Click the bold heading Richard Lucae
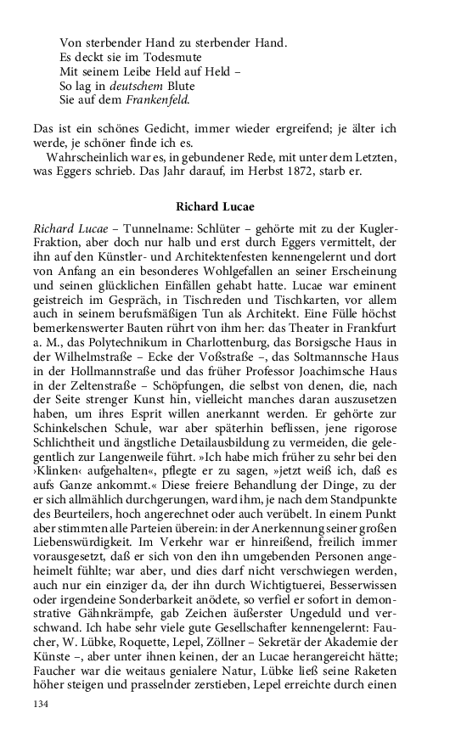(216, 206)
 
